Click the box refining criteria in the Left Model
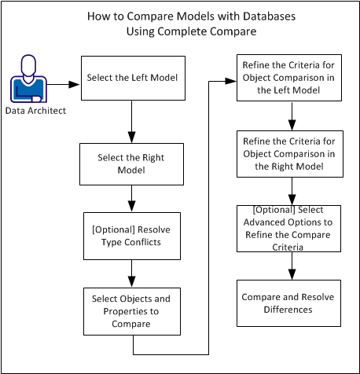click(292, 79)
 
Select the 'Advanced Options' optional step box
click(292, 229)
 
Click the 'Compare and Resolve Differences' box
click(292, 303)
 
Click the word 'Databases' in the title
click(258, 16)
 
